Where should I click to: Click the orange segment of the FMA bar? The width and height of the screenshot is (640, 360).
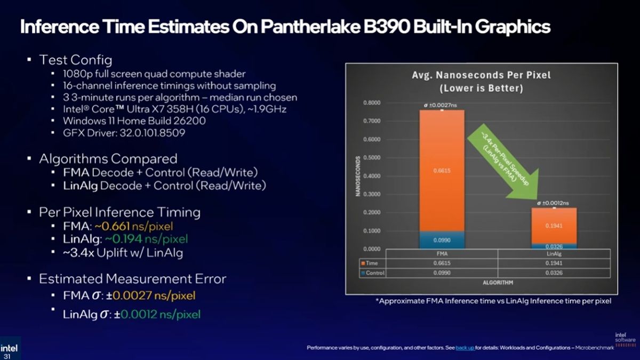[442, 171]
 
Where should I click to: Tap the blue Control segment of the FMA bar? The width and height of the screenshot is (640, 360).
[442, 240]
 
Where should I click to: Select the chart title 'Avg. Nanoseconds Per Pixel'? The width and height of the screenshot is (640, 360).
[482, 76]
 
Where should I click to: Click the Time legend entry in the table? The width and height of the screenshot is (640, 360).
[372, 263]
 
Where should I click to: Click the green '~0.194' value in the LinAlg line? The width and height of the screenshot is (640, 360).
[119, 239]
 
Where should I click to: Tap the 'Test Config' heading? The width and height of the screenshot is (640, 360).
[76, 60]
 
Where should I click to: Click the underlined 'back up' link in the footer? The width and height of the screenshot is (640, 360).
[465, 348]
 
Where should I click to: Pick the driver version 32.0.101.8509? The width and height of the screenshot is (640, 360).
[149, 133]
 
